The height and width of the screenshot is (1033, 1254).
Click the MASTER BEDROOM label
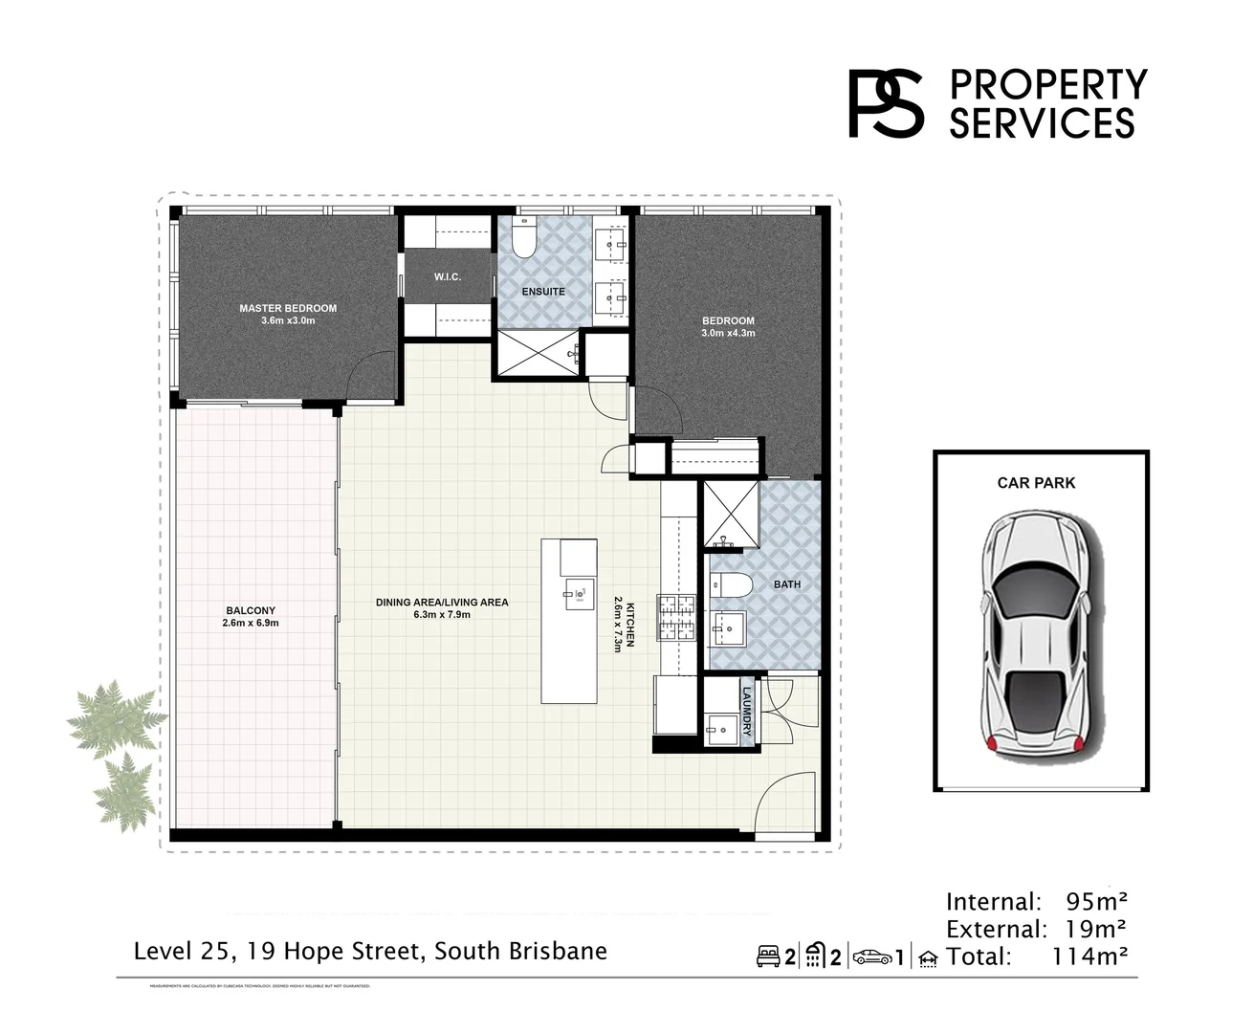coord(288,308)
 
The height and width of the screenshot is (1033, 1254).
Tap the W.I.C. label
coord(448,276)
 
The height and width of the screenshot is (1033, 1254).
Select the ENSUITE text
coord(543,291)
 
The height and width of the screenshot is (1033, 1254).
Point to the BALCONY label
coord(251,610)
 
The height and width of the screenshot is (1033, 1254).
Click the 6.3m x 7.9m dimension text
coord(442,615)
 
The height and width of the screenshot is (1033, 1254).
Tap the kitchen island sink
coord(576,593)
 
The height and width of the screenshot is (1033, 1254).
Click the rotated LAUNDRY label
coord(746,713)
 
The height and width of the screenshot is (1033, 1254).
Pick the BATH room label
coord(787,583)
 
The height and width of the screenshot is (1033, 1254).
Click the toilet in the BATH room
coord(732,584)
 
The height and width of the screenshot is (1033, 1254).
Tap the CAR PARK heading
coord(1036,483)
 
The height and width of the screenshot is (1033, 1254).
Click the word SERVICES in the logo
coord(1042,123)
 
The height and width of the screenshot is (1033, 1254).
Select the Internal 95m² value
coord(1095,901)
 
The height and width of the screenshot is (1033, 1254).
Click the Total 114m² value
coord(1089,956)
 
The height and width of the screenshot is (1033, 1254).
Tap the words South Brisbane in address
coord(520,952)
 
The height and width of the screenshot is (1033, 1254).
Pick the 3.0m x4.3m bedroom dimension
coord(728,333)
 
